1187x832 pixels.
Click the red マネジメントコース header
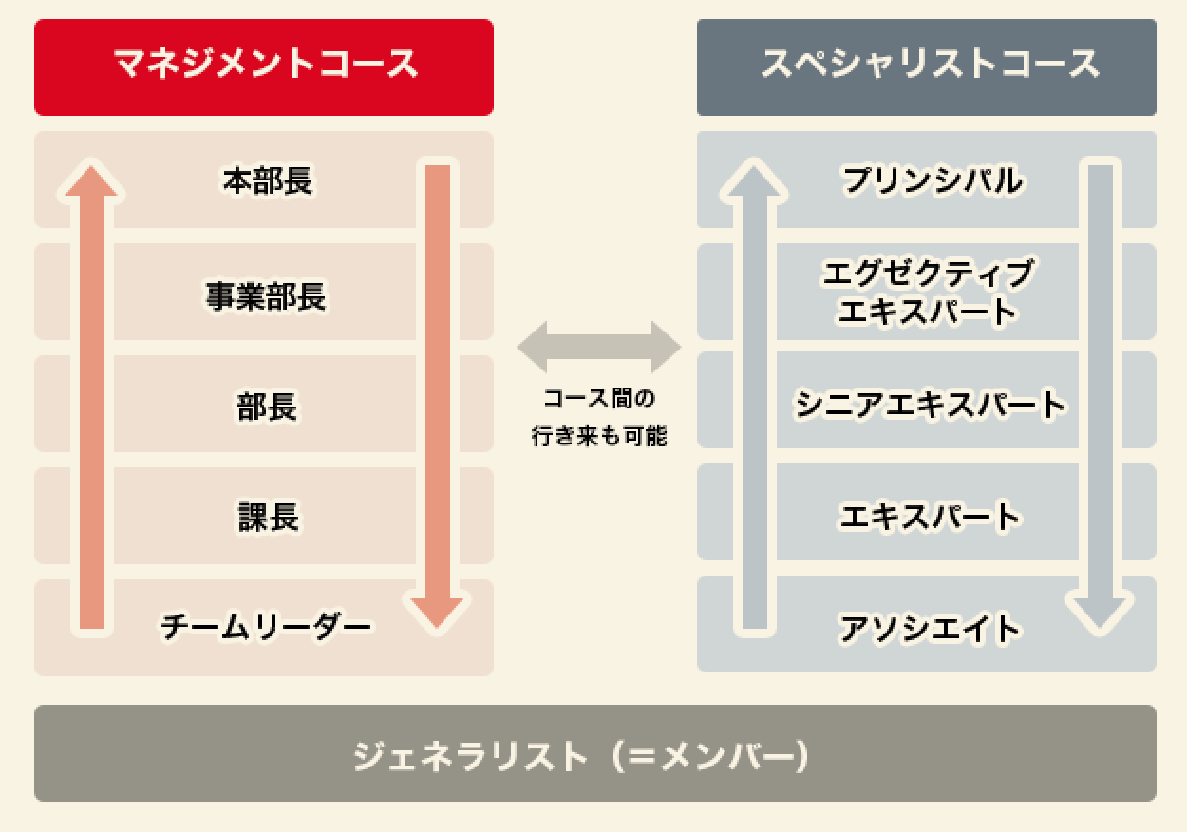tap(264, 66)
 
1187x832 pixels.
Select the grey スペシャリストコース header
tap(926, 66)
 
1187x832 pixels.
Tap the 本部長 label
tap(267, 180)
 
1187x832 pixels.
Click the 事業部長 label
tap(267, 296)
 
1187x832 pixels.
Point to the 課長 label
tap(267, 518)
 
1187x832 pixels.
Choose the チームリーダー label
tap(266, 628)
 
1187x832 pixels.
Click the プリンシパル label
tap(933, 180)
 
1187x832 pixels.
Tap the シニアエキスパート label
tap(931, 406)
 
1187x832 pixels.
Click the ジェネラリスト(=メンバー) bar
tap(594, 754)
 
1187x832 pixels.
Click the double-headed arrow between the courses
tap(598, 347)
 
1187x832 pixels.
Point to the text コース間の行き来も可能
tap(598, 416)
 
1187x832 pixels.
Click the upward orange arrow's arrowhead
tap(91, 180)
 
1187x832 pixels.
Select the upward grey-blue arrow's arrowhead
tap(754, 180)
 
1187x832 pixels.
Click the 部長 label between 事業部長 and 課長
tap(267, 407)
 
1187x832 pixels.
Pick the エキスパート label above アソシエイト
tap(930, 518)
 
